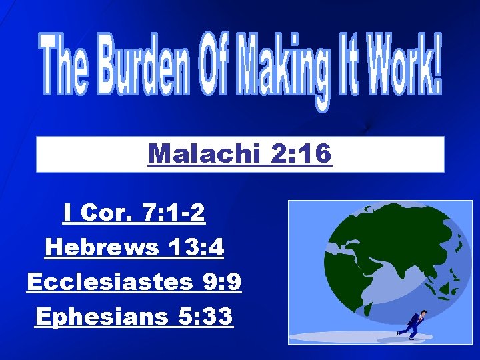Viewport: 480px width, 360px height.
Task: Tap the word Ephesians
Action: click(101, 316)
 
